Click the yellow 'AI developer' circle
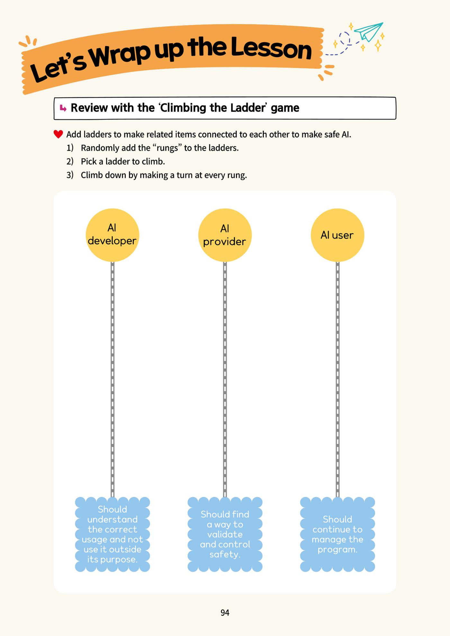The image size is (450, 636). pyautogui.click(x=112, y=235)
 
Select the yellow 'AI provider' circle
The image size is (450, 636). pyautogui.click(x=225, y=235)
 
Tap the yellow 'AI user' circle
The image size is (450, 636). pyautogui.click(x=337, y=235)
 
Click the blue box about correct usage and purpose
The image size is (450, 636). pyautogui.click(x=113, y=534)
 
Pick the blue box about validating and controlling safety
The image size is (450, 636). pyautogui.click(x=225, y=534)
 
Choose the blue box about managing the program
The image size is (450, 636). pyautogui.click(x=337, y=534)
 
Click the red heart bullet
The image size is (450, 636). pyautogui.click(x=58, y=134)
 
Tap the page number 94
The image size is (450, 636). pyautogui.click(x=225, y=613)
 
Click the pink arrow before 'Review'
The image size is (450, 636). pyautogui.click(x=63, y=108)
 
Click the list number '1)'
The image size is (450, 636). pyautogui.click(x=70, y=148)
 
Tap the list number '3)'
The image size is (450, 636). pyautogui.click(x=70, y=175)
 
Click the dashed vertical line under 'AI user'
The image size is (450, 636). pyautogui.click(x=337, y=379)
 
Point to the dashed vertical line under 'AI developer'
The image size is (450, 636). pyautogui.click(x=113, y=379)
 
